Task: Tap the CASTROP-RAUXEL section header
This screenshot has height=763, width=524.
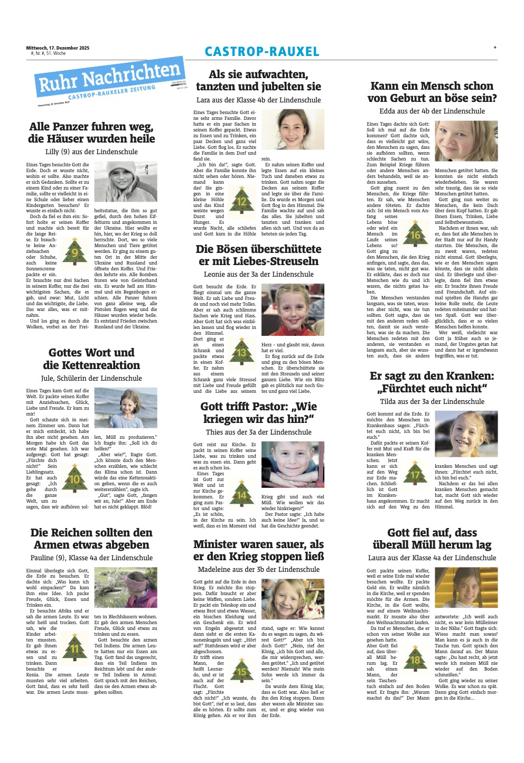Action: (x=262, y=52)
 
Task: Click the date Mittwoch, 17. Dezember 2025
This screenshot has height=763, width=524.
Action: (x=58, y=48)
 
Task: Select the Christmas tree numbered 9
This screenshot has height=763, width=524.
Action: (x=74, y=251)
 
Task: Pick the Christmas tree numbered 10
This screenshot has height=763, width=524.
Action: (x=74, y=477)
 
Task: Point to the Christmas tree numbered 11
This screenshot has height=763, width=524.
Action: (x=74, y=647)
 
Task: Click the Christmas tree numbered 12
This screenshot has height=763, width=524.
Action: (x=241, y=200)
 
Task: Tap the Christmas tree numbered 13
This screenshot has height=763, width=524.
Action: (x=241, y=351)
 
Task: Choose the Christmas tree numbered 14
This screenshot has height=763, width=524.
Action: (x=241, y=494)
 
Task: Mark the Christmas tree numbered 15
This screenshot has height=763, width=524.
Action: (x=241, y=670)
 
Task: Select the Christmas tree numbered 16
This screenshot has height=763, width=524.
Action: (x=415, y=233)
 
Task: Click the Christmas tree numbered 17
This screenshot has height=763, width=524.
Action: (x=415, y=473)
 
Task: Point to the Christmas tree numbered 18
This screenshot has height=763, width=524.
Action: (x=415, y=658)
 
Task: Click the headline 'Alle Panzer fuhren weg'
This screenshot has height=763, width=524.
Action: (x=91, y=133)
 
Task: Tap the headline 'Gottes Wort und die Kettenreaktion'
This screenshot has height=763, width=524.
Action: (x=91, y=359)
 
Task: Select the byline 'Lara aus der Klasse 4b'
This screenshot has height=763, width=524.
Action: (x=258, y=100)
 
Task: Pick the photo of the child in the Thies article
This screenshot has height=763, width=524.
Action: (x=293, y=465)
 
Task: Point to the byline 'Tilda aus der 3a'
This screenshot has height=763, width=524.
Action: (x=432, y=401)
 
